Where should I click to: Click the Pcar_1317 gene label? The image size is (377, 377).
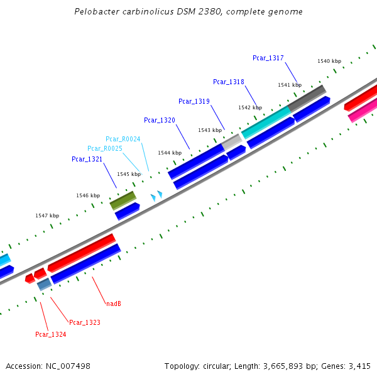point(268,58)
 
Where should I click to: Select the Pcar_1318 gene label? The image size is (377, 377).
point(228,82)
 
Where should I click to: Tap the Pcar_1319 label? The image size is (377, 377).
point(194,101)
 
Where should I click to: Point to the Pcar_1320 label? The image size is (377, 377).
point(159,120)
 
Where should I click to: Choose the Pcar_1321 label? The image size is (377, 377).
point(87,160)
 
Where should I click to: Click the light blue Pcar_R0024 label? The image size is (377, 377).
point(123,139)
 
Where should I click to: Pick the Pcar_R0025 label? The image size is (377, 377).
point(104,148)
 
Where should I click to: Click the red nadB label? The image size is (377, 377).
point(113,304)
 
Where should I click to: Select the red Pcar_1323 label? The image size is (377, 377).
point(84,323)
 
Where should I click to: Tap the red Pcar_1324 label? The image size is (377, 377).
point(50,335)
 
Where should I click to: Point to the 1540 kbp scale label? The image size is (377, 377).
point(329,61)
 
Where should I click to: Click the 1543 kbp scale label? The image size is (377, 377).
point(209,130)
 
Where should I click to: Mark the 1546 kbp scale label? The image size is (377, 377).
point(88,195)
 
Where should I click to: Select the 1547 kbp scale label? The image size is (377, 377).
point(47,216)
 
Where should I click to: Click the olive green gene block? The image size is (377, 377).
point(123,200)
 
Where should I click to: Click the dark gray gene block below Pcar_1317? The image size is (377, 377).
point(307,97)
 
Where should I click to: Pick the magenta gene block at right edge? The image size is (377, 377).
point(363,109)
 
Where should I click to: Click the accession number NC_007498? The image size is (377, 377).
point(68,366)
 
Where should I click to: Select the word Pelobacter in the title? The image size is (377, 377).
point(94,12)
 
